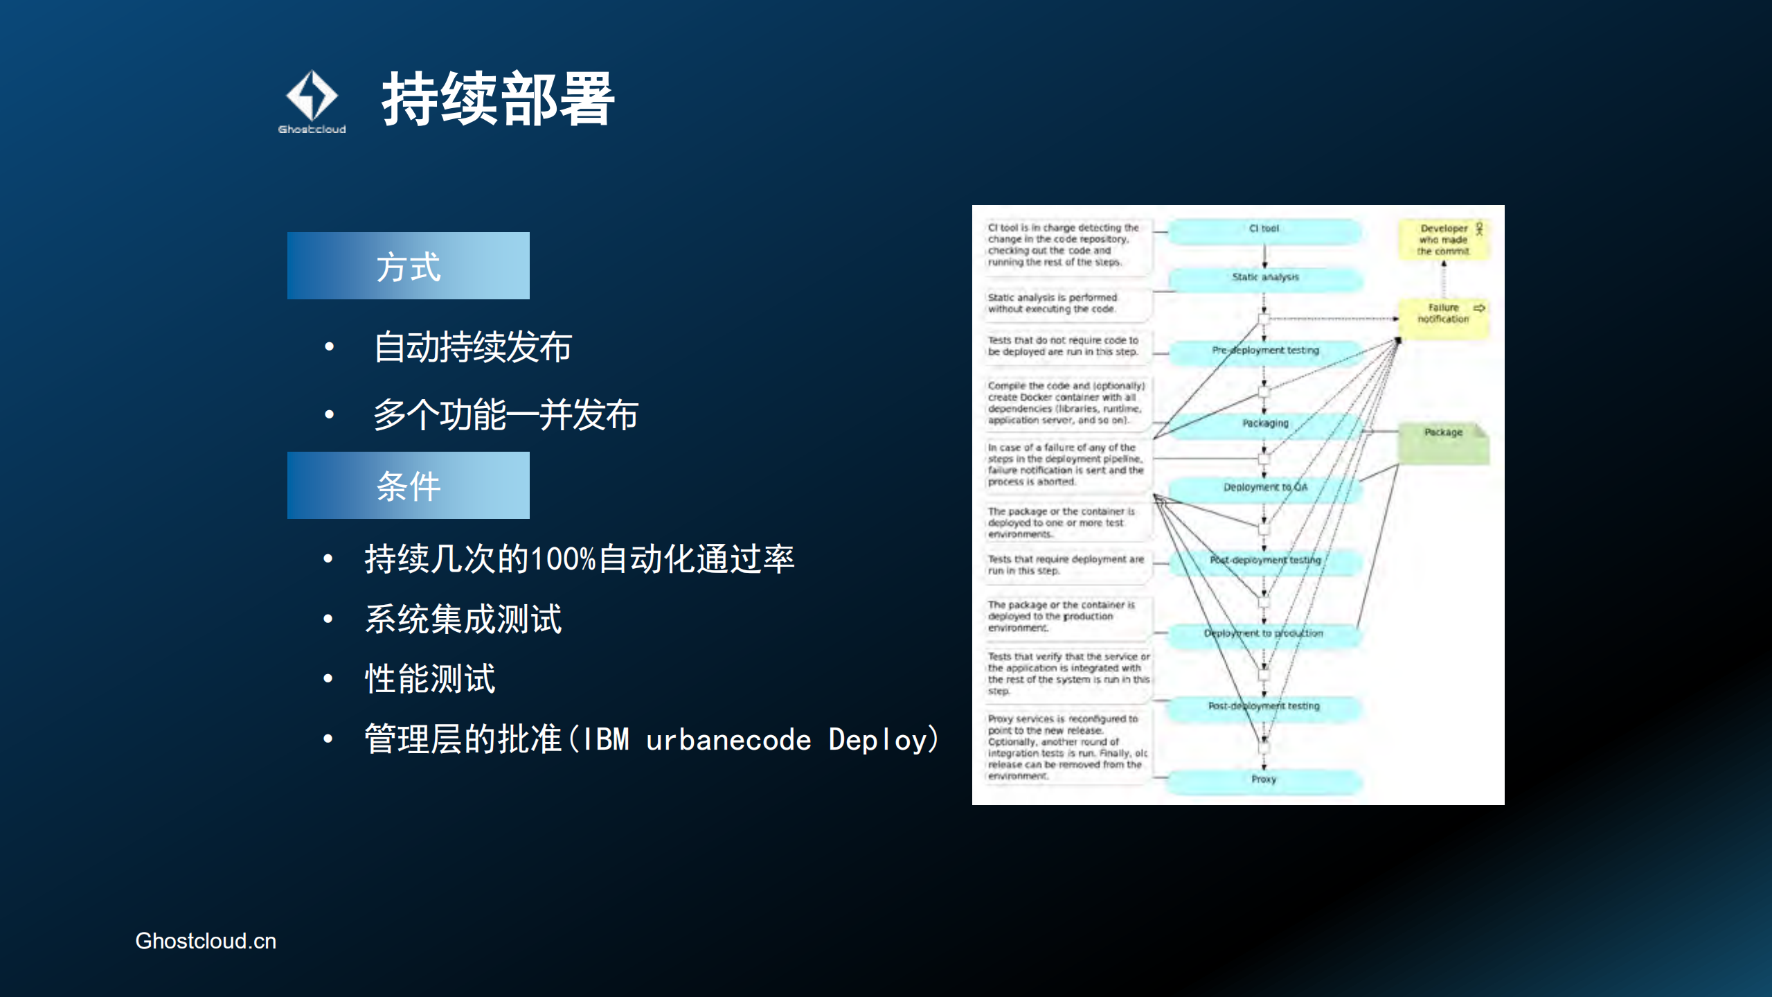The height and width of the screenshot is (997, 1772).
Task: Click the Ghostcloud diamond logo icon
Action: (x=312, y=96)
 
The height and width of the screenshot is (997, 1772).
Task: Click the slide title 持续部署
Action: (x=498, y=99)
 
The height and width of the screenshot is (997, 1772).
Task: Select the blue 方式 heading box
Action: (x=408, y=266)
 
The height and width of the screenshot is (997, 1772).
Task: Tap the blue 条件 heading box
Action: (x=408, y=486)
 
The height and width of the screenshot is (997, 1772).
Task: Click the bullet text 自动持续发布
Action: (x=472, y=347)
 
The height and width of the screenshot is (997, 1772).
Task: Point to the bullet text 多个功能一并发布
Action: (x=505, y=415)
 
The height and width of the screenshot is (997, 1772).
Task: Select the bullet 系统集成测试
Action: (x=463, y=619)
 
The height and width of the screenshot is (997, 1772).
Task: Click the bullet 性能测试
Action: (x=430, y=678)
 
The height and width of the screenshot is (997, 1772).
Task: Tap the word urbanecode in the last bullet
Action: (x=728, y=740)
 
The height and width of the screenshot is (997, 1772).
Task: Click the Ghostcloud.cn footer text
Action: (x=206, y=941)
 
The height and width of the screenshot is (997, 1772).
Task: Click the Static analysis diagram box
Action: (x=1265, y=278)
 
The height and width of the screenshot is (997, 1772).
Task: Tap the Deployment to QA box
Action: (x=1265, y=488)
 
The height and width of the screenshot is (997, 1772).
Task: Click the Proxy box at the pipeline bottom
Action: (x=1264, y=779)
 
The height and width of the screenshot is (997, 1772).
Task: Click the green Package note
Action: (x=1443, y=441)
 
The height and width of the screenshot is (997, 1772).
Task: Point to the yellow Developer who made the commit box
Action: (x=1443, y=240)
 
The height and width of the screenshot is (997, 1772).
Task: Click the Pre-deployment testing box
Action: (x=1265, y=351)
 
